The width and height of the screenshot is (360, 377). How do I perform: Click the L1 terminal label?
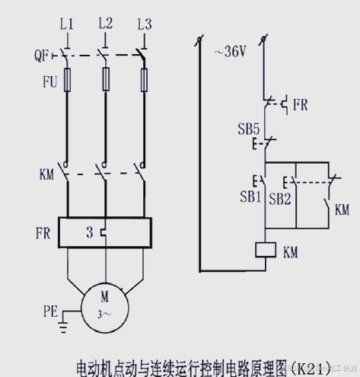67,24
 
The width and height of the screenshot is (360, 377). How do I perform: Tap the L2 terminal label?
105,24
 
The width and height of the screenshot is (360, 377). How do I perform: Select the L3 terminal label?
144,24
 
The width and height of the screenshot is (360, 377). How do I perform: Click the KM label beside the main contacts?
46,174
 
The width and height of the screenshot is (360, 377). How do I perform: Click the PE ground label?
50,311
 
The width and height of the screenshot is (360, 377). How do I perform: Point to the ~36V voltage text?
230,52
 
